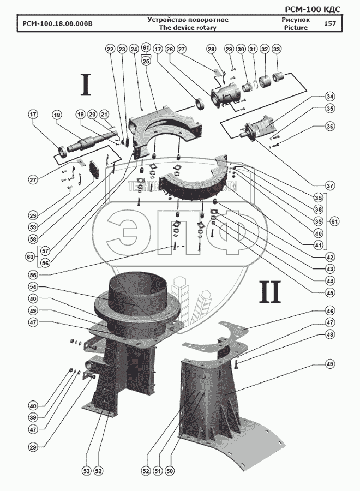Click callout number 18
click(56, 115)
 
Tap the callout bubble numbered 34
click(329, 97)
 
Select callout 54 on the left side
click(33, 286)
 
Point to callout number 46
click(329, 310)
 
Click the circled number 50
click(170, 471)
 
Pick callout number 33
click(277, 50)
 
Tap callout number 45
click(329, 292)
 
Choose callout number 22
click(110, 50)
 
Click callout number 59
click(33, 226)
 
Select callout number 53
click(87, 471)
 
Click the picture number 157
click(329, 24)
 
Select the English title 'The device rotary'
click(187, 28)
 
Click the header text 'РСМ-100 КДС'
click(314, 9)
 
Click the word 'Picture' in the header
click(295, 28)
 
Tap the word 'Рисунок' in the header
click(295, 20)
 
